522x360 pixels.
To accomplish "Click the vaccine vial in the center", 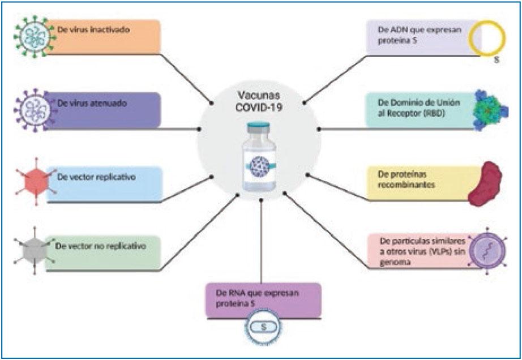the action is [259, 156].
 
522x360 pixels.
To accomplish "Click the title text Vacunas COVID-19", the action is [259, 101].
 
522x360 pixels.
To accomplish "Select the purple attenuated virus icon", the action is [34, 110].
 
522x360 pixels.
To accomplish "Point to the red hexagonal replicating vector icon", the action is [36, 182].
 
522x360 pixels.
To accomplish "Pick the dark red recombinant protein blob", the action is [485, 183].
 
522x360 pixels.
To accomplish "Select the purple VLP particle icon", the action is [487, 251].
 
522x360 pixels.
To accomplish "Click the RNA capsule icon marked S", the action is [263, 327].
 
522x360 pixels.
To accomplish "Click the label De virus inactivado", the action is [93, 29].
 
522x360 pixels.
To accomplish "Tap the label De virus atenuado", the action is [92, 103].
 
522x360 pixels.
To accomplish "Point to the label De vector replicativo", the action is [96, 177].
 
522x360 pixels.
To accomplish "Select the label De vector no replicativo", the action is [101, 247].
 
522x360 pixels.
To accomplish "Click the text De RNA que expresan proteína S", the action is [258, 298].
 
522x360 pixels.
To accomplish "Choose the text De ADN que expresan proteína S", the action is [420, 35].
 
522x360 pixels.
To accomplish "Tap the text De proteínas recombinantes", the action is [406, 179].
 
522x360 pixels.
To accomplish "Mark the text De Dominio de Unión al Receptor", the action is [419, 108].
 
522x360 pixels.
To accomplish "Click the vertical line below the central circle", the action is [261, 242].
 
